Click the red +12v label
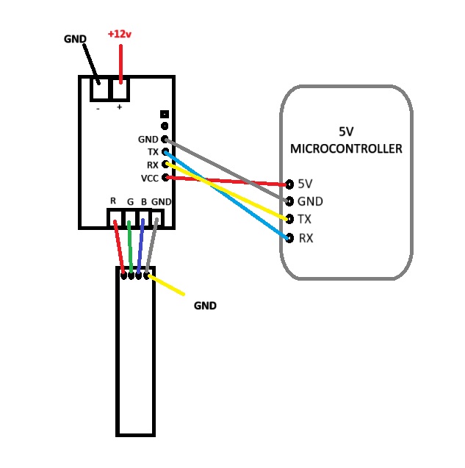pyautogui.click(x=120, y=34)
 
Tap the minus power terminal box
pyautogui.click(x=100, y=89)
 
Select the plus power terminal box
pyautogui.click(x=120, y=89)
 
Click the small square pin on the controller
pyautogui.click(x=165, y=114)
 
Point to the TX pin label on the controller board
pyautogui.click(x=153, y=152)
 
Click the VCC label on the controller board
pyautogui.click(x=150, y=179)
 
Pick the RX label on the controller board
pyautogui.click(x=153, y=165)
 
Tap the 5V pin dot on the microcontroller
pyautogui.click(x=289, y=184)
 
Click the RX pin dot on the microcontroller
pyautogui.click(x=289, y=238)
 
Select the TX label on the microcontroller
pyautogui.click(x=304, y=219)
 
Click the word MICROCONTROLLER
pyautogui.click(x=346, y=148)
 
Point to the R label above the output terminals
pyautogui.click(x=113, y=201)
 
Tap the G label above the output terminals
pyautogui.click(x=130, y=202)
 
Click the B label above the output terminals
pyautogui.click(x=144, y=202)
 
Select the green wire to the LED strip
pyautogui.click(x=130, y=247)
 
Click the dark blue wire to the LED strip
pyautogui.click(x=140, y=246)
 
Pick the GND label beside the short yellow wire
pyautogui.click(x=205, y=306)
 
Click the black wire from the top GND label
pyautogui.click(x=91, y=64)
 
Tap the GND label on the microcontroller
pyautogui.click(x=310, y=201)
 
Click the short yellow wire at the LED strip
pyautogui.click(x=166, y=285)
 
